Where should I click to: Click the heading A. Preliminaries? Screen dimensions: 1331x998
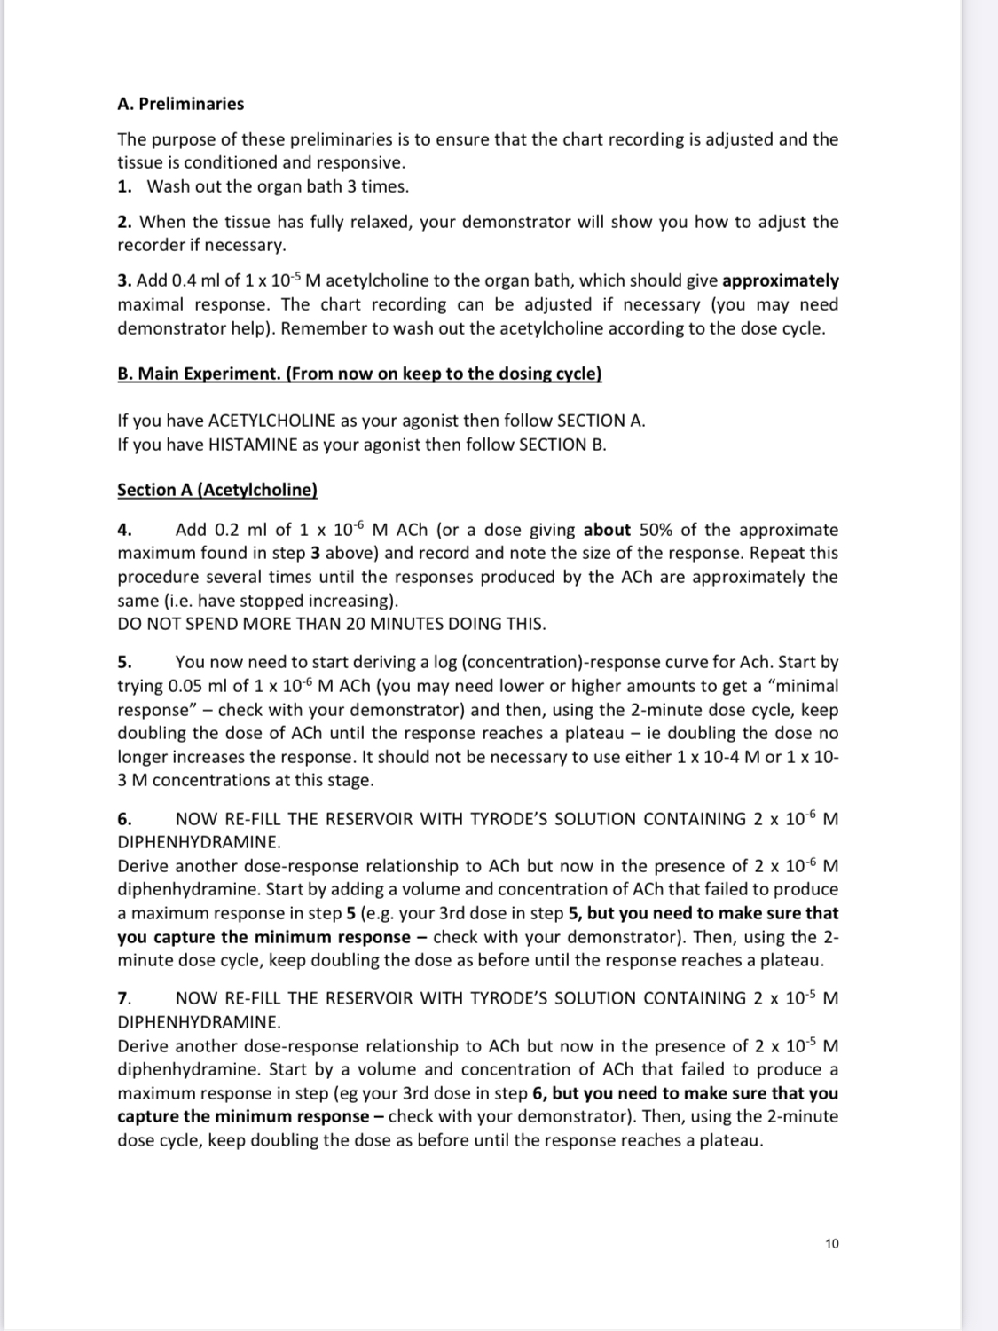180,104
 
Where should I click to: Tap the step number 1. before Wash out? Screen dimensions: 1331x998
125,186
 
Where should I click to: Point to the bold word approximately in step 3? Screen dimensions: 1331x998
781,281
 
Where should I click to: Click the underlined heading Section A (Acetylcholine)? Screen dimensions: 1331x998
217,490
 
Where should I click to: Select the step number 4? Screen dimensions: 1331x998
125,531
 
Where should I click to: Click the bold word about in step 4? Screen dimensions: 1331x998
607,531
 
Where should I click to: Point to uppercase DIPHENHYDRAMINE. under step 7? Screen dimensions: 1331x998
199,1022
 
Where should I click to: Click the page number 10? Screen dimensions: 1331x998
831,1244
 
